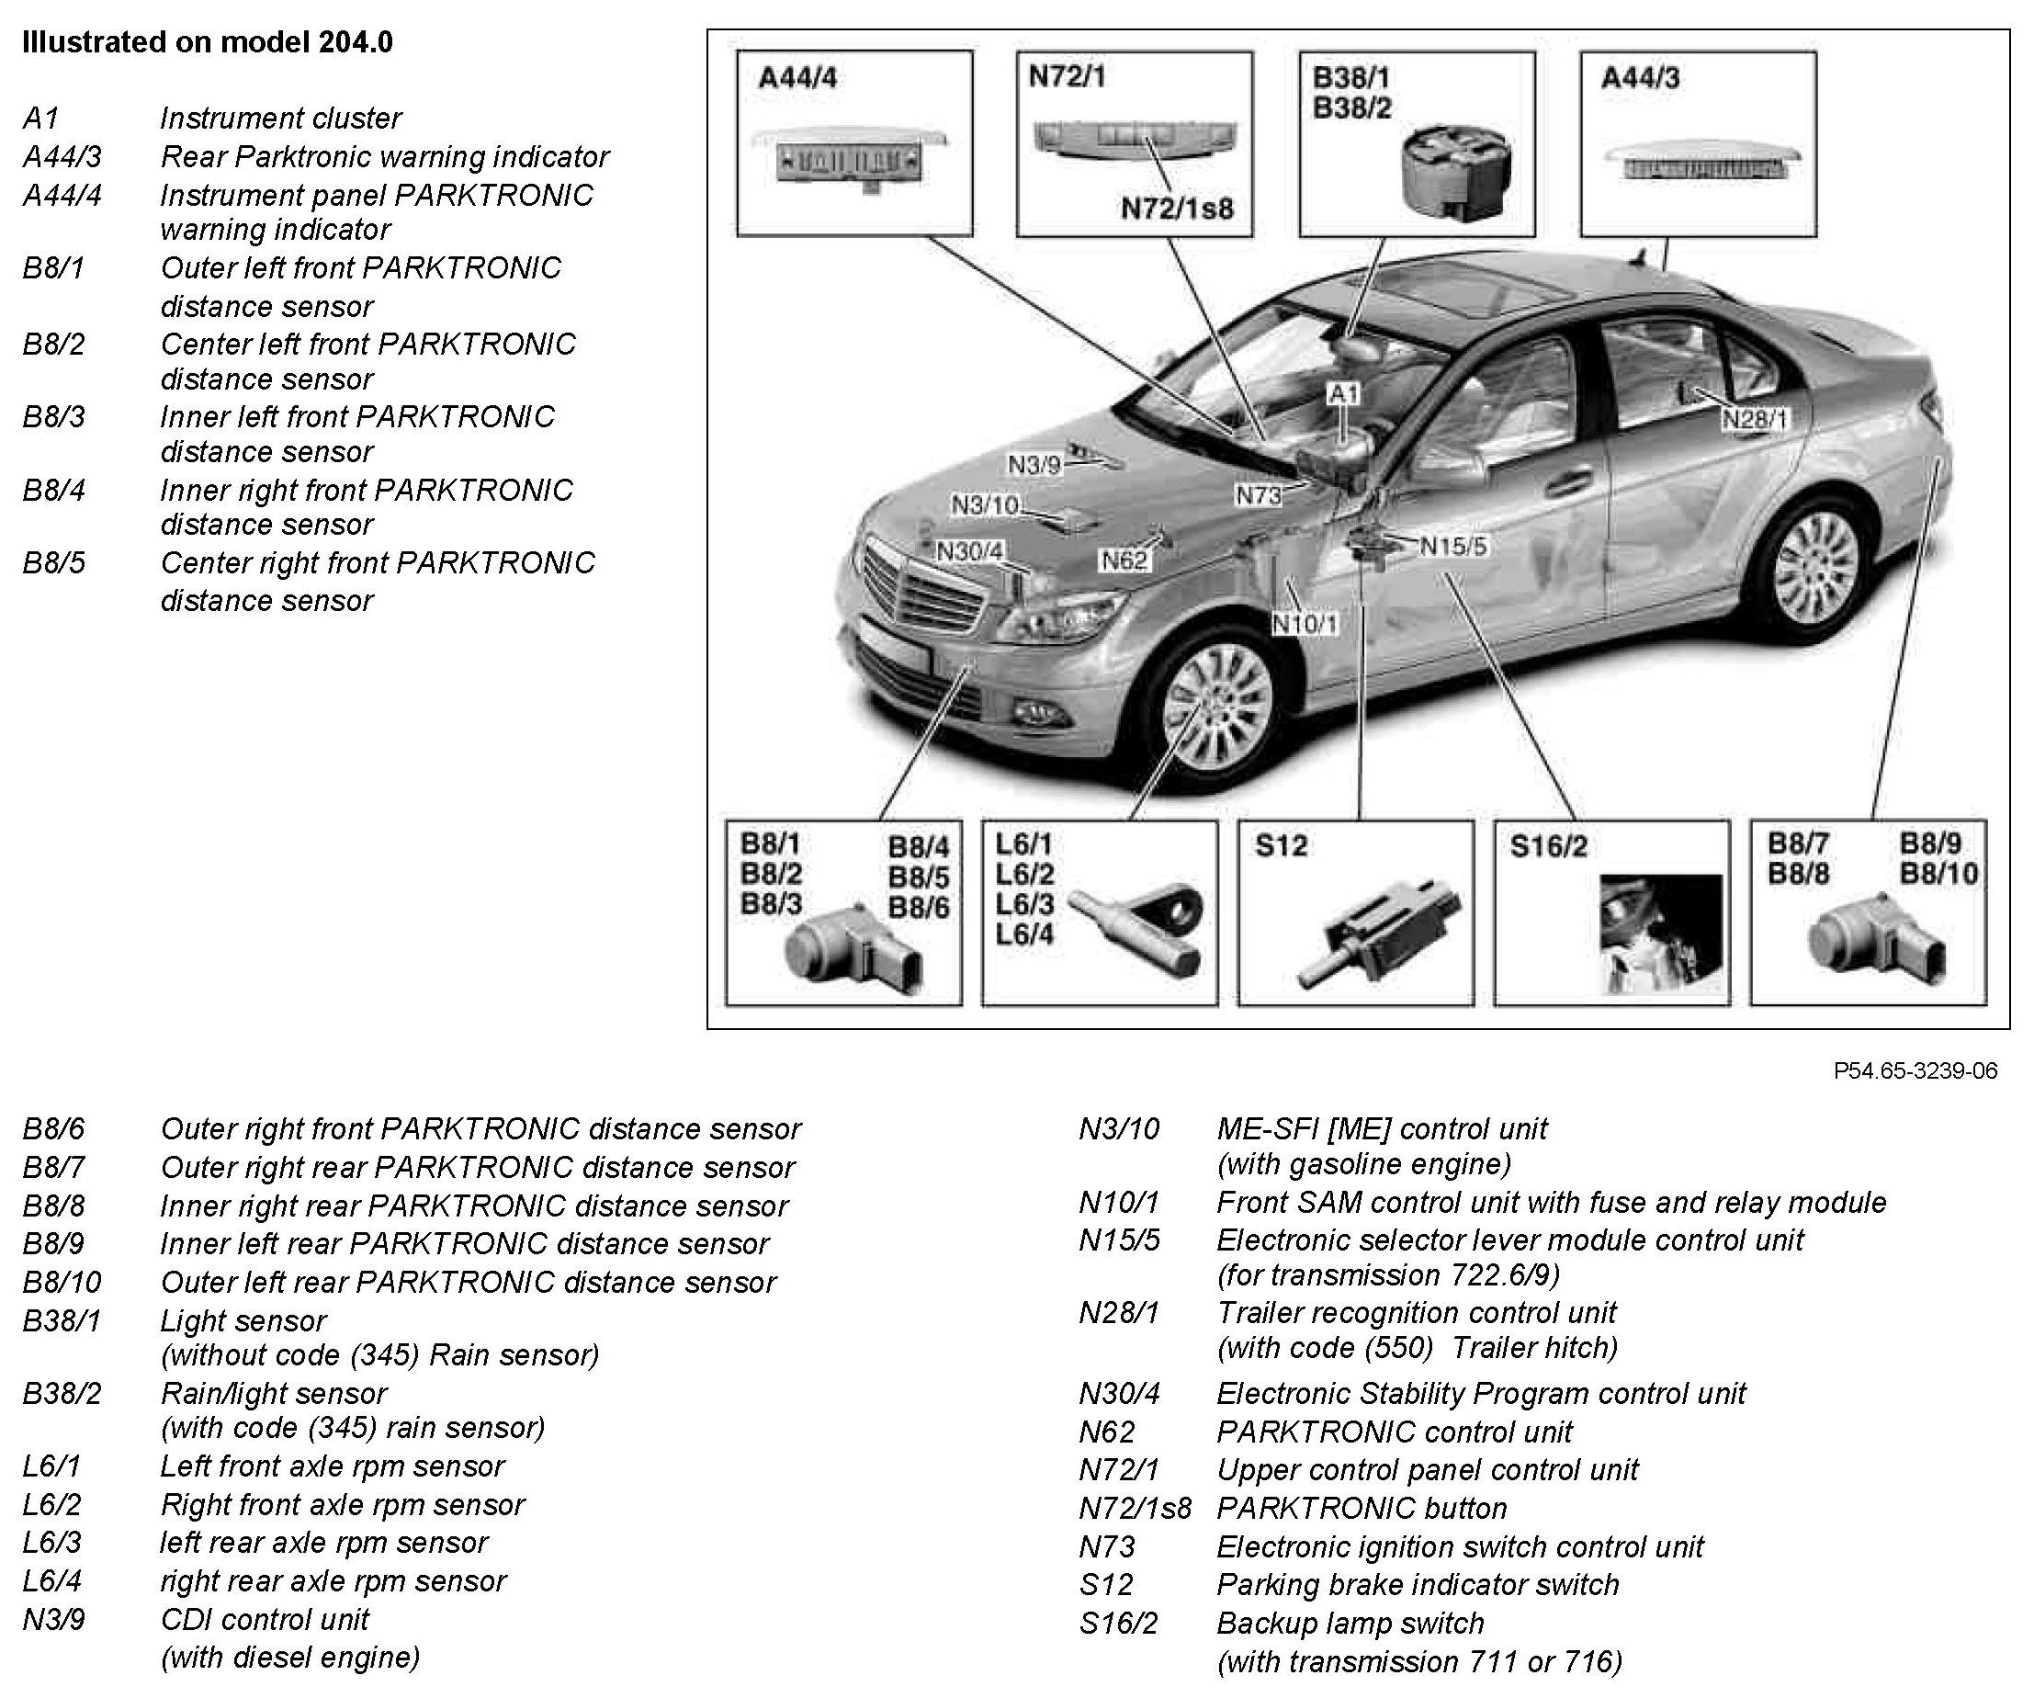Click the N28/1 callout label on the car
(x=1754, y=419)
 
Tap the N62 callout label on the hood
(x=1124, y=560)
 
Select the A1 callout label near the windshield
(x=1343, y=393)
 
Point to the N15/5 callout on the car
(x=1452, y=547)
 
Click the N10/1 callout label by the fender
(x=1305, y=624)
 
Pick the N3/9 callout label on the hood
(x=1034, y=465)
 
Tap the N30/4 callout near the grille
(x=969, y=551)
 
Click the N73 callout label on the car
(x=1259, y=496)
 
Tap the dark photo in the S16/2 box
(x=1660, y=932)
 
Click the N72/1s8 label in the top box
(x=1177, y=209)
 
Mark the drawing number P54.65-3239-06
(x=1915, y=1070)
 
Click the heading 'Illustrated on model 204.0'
(x=208, y=42)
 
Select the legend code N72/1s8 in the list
(x=1135, y=1508)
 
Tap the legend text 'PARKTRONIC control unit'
(x=1394, y=1432)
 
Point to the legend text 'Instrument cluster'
(x=280, y=119)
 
